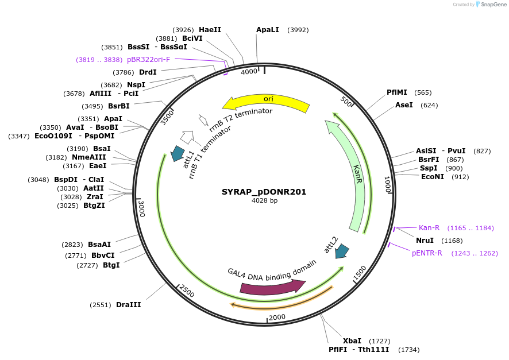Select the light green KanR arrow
(352, 172)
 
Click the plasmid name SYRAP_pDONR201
(264, 192)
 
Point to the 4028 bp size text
(264, 201)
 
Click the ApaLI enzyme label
(268, 30)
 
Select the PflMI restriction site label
(397, 92)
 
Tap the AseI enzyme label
(404, 105)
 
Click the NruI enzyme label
(425, 240)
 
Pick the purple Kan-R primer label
(429, 228)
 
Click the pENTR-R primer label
(427, 253)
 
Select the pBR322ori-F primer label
(148, 60)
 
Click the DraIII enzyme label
(128, 305)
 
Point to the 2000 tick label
(277, 318)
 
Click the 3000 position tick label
(141, 209)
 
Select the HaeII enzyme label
(210, 29)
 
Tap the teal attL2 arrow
(342, 250)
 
